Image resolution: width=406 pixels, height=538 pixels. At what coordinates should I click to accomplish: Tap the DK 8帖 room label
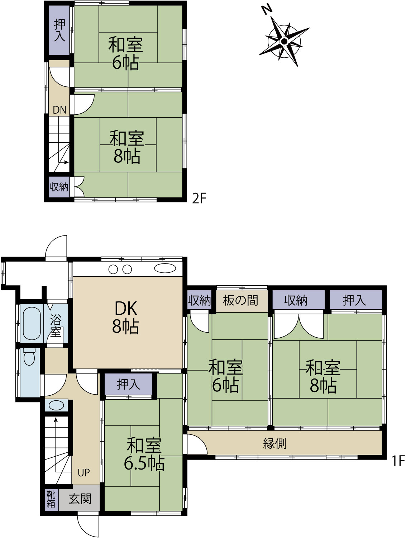tap(125, 318)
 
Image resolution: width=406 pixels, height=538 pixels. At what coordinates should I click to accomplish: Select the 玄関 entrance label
tap(80, 499)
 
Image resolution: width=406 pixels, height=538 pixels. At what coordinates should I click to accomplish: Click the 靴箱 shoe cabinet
tap(51, 499)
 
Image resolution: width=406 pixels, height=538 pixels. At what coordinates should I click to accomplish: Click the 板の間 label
tap(240, 300)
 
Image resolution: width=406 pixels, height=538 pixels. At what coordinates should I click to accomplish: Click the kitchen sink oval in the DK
tap(165, 268)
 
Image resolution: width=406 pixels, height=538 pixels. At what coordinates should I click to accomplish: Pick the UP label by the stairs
tap(83, 473)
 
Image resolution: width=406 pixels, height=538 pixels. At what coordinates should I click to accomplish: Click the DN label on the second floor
tap(59, 110)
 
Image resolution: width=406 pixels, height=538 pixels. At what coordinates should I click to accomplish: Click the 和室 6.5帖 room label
tap(144, 454)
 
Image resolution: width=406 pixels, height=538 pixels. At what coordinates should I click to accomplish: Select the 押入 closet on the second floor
tap(59, 30)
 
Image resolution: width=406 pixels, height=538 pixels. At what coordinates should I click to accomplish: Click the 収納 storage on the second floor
tap(59, 187)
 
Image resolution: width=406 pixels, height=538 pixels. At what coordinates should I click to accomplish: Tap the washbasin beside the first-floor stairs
tap(56, 405)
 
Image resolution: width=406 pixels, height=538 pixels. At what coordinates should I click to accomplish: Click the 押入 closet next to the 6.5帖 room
tap(128, 384)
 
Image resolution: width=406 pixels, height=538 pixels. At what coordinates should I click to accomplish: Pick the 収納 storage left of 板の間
tap(199, 300)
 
